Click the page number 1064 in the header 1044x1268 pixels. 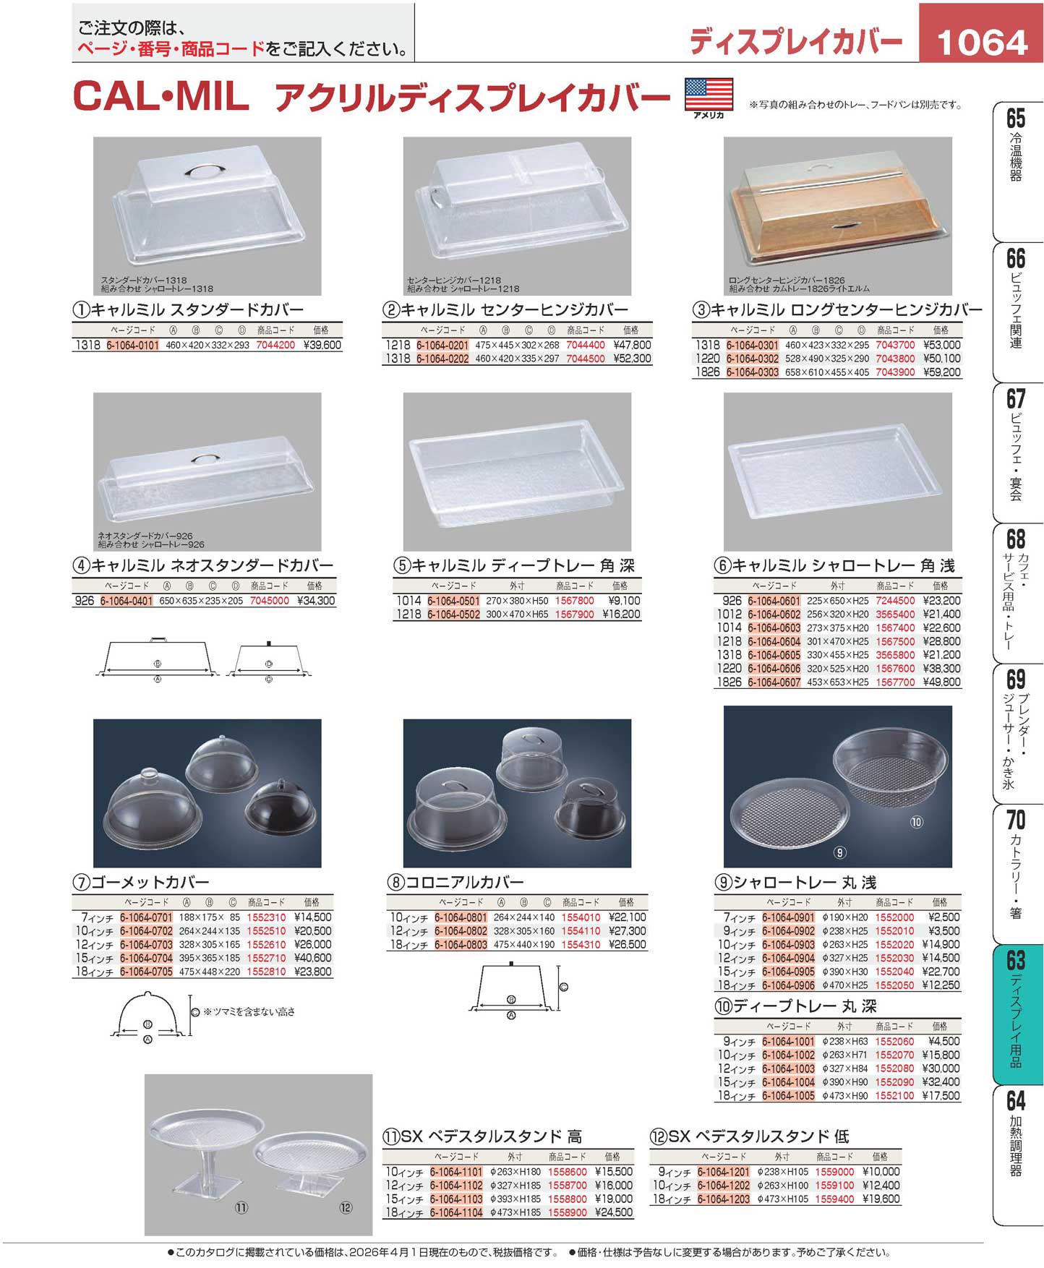(x=982, y=42)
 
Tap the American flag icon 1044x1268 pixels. (x=709, y=94)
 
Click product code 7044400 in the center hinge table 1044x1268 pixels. (x=586, y=346)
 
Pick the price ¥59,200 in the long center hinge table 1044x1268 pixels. (x=942, y=372)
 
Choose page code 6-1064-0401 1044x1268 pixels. (x=127, y=601)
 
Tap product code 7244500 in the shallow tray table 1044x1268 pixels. (x=895, y=601)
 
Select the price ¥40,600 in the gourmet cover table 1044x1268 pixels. (x=313, y=959)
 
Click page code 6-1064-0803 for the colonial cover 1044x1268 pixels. (x=461, y=945)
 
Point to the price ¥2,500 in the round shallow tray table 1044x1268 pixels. (x=944, y=917)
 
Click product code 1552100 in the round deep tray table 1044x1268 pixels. (x=894, y=1096)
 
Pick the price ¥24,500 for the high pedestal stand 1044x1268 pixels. (x=614, y=1213)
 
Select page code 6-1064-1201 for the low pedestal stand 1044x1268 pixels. (x=724, y=1172)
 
